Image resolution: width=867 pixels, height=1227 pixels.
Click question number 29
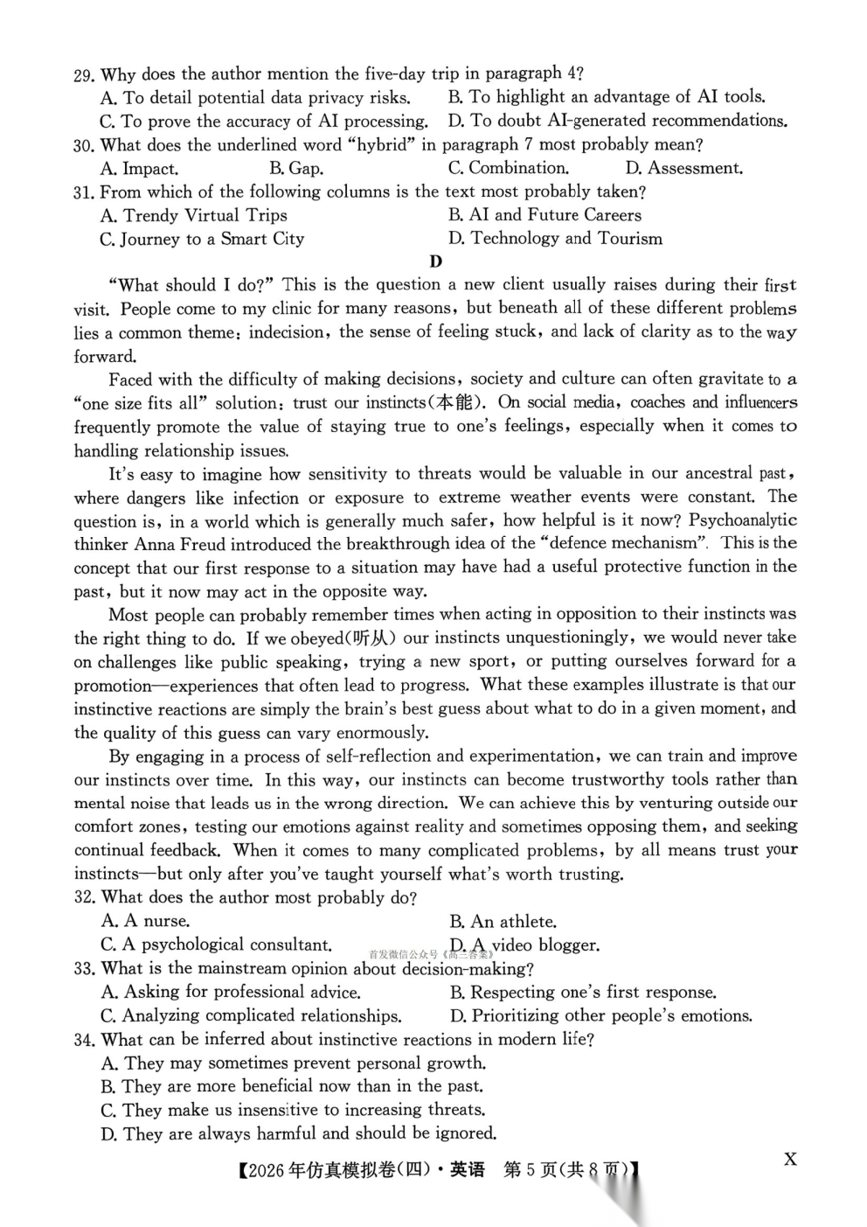[x=83, y=75]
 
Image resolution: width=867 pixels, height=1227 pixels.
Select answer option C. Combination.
[x=508, y=168]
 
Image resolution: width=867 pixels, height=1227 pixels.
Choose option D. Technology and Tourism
[x=555, y=239]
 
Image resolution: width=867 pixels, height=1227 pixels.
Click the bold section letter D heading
[x=436, y=261]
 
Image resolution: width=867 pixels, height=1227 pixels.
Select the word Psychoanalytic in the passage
[x=743, y=520]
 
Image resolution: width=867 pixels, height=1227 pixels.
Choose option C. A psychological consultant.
[x=216, y=945]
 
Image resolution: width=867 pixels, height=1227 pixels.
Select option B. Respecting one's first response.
[x=583, y=993]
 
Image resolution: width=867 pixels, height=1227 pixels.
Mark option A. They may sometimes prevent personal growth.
[x=294, y=1063]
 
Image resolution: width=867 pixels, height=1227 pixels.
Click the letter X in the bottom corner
[x=790, y=1160]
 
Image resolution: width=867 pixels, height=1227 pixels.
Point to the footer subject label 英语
[x=468, y=1170]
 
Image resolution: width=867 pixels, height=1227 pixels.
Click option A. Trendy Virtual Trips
[x=193, y=215]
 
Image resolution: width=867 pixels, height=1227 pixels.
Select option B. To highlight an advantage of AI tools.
[x=607, y=97]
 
